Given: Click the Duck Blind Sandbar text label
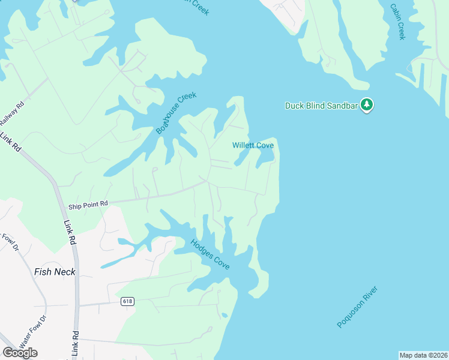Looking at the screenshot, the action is pos(321,106).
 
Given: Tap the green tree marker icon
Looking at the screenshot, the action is pos(367,105).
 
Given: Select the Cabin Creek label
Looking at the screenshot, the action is pos(397,22).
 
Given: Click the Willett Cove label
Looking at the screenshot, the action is pos(253,146).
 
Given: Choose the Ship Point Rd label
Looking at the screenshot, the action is pos(88,204).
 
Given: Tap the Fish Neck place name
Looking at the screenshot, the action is pos(55,272).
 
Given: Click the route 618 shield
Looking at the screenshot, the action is pos(127,301).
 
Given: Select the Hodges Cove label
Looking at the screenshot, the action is pos(210,254).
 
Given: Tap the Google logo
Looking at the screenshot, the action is pos(20,352).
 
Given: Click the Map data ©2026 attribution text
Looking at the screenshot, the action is pos(423,355).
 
